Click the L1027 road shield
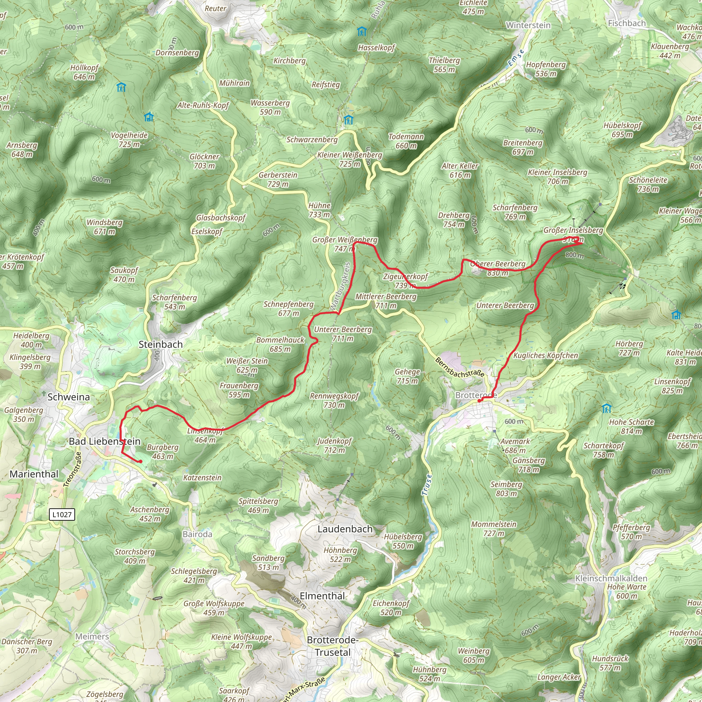click(62, 514)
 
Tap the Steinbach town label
click(161, 344)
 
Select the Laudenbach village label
click(345, 529)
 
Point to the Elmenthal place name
click(322, 595)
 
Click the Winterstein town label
click(528, 25)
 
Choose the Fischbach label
click(627, 23)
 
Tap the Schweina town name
click(69, 397)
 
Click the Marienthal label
click(34, 474)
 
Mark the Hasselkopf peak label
click(376, 48)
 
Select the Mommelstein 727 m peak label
click(494, 529)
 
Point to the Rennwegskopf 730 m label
click(334, 400)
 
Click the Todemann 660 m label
click(406, 141)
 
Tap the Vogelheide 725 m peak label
click(129, 140)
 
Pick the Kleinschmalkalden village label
click(611, 578)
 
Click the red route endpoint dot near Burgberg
click(140, 461)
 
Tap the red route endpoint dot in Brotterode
click(479, 401)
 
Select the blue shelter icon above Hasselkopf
click(361, 31)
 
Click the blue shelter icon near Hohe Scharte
click(606, 408)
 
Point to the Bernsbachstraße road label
click(459, 367)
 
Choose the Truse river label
click(426, 484)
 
